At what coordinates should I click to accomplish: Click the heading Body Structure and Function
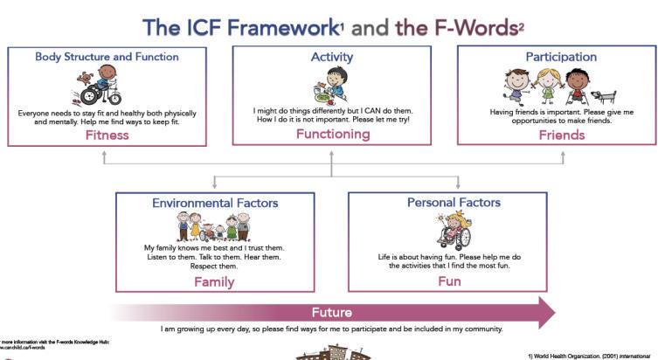107,57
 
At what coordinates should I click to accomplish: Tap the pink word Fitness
107,135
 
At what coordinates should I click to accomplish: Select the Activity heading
332,57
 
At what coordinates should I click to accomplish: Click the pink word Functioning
332,134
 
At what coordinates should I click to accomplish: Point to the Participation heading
561,57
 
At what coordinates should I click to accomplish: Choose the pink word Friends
561,135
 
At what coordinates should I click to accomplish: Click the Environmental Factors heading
215,203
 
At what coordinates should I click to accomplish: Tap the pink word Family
214,282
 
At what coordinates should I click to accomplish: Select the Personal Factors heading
454,203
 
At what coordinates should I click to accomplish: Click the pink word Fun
449,282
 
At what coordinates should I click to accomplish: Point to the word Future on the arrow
332,312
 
